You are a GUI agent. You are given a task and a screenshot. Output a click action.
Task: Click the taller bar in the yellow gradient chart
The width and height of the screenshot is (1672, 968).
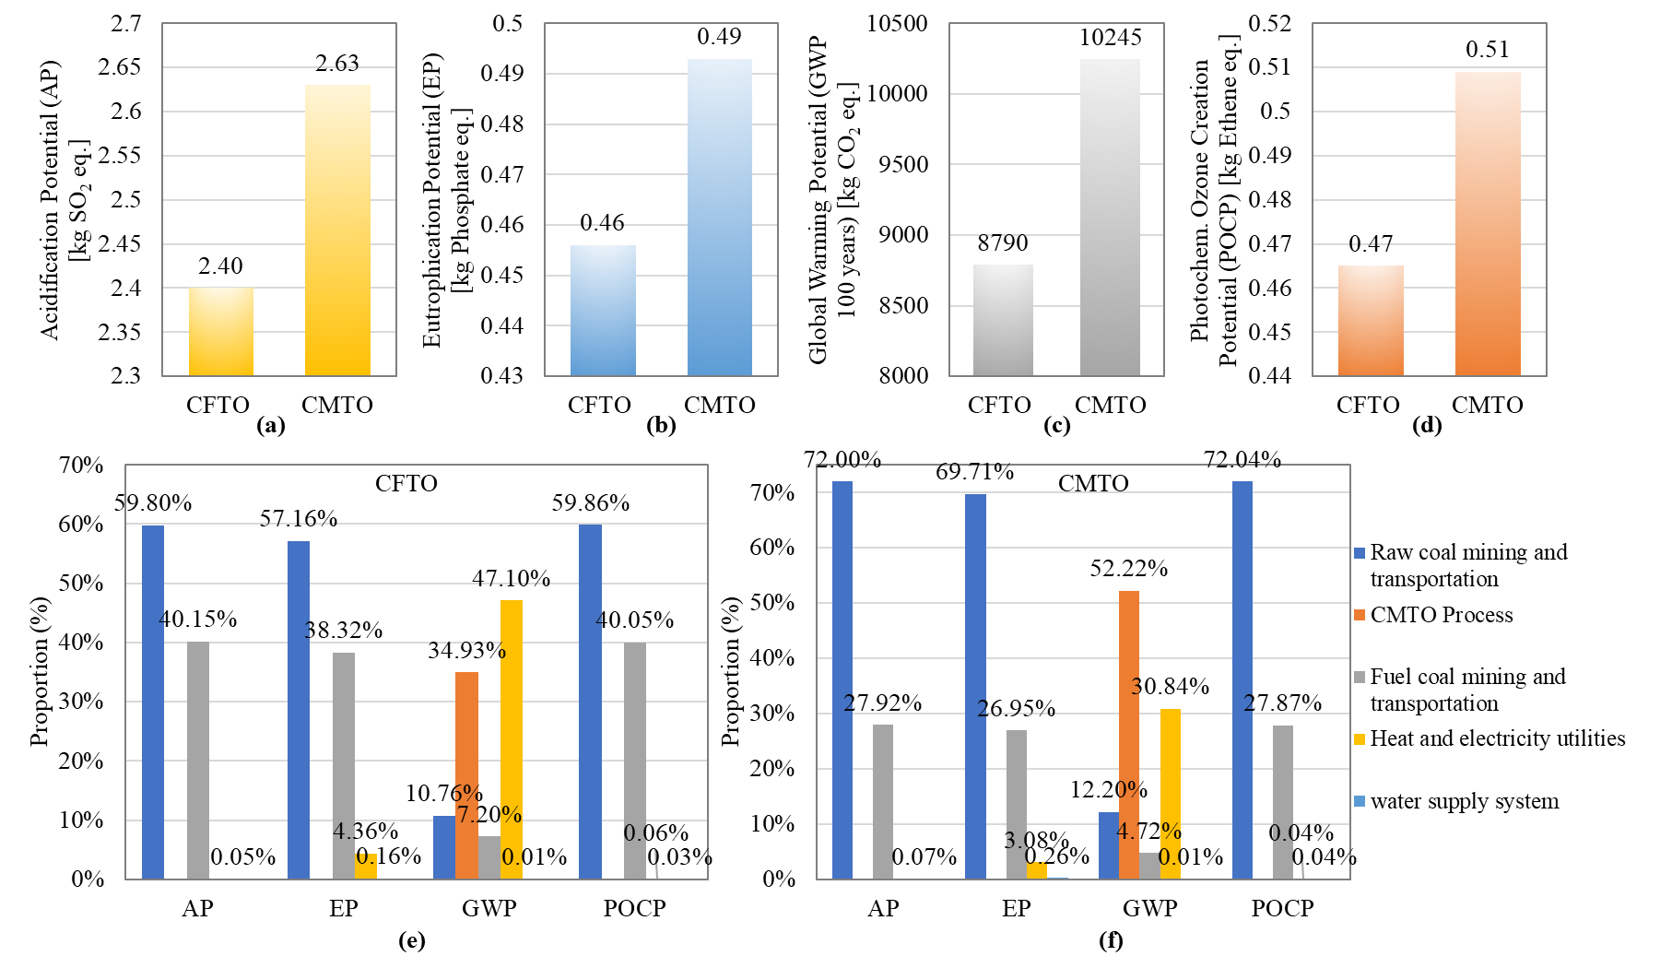tap(337, 230)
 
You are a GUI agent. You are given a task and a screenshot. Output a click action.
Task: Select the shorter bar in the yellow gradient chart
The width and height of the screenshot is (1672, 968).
tap(221, 332)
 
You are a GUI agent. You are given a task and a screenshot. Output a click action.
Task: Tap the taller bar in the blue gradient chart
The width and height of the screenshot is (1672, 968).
tap(720, 218)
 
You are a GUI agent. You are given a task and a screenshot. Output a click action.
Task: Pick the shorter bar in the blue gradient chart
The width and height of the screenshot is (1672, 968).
tap(603, 311)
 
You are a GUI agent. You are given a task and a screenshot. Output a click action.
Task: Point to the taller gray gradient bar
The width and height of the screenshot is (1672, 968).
tap(1110, 218)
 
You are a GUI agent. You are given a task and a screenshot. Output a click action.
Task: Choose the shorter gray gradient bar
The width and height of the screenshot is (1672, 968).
tap(1003, 320)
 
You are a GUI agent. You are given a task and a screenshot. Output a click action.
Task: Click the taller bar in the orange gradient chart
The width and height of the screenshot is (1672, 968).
tap(1488, 224)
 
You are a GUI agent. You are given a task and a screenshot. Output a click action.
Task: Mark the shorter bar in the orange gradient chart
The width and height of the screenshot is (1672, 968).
tap(1371, 321)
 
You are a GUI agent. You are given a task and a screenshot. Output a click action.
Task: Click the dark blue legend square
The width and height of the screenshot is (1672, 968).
tap(1360, 553)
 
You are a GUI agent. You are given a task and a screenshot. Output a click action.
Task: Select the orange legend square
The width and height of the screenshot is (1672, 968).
tap(1360, 615)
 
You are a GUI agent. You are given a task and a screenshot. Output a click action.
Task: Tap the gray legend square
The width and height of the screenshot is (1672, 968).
tap(1360, 678)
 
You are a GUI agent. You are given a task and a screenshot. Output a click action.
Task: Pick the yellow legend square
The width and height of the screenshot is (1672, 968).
tap(1360, 739)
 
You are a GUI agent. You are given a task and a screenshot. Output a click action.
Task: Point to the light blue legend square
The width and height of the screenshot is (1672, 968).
tap(1360, 801)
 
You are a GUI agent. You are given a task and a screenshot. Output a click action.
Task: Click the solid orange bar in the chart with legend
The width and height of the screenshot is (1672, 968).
tap(1129, 735)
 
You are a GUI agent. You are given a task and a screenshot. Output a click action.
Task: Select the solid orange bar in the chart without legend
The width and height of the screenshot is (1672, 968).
tap(466, 775)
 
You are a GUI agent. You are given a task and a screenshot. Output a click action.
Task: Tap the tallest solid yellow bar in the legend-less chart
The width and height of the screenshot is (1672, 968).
tap(512, 739)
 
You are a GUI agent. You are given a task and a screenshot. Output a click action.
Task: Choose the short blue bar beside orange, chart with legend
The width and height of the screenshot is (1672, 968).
tap(1108, 845)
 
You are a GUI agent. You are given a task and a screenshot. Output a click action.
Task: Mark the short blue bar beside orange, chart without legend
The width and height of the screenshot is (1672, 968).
tap(443, 847)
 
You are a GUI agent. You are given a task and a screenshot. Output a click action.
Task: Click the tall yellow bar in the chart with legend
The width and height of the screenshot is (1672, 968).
tap(1171, 794)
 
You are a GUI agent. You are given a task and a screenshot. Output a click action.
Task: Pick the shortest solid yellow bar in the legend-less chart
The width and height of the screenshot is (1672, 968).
tap(366, 867)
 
